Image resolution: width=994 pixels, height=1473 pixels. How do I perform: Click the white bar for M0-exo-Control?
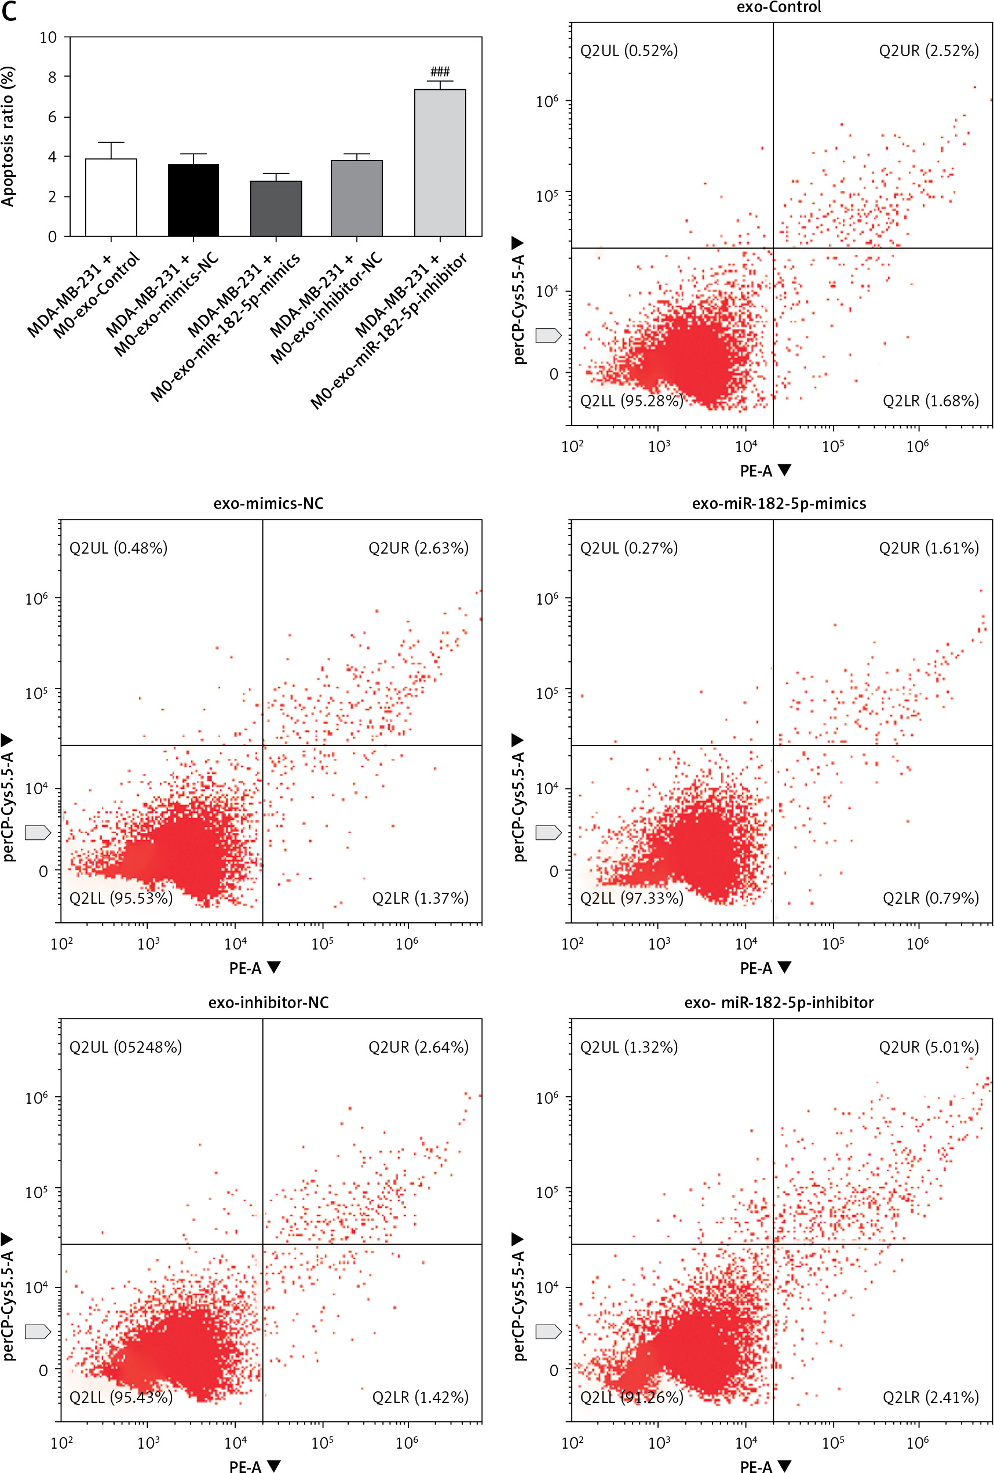coord(111,197)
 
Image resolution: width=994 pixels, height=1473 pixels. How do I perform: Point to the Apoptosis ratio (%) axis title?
coord(8,136)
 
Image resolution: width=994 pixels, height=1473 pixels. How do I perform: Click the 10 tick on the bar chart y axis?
coord(48,38)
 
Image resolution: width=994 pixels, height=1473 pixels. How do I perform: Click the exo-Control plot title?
coord(779,8)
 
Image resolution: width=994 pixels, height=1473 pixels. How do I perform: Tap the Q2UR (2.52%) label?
coord(928,50)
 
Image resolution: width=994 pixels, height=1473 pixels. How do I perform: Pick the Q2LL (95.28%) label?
coord(631,401)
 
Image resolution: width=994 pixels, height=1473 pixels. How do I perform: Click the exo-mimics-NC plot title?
coord(268,503)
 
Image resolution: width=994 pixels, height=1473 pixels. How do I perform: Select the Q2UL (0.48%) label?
coord(119,548)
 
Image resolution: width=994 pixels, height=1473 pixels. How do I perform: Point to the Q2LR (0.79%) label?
coord(930,897)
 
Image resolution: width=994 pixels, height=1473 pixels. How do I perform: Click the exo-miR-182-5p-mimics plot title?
coord(779,503)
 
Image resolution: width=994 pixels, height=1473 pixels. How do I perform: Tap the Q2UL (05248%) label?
coord(126,1046)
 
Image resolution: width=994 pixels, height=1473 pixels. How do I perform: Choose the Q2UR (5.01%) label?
coord(928,1046)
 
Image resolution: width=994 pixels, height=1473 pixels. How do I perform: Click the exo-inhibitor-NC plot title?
coord(268,1002)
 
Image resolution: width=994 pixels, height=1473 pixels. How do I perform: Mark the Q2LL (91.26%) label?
coord(631,1396)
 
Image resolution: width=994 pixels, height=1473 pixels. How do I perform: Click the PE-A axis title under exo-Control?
coord(756,471)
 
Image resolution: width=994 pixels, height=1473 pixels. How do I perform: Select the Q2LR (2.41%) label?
coord(930,1396)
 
